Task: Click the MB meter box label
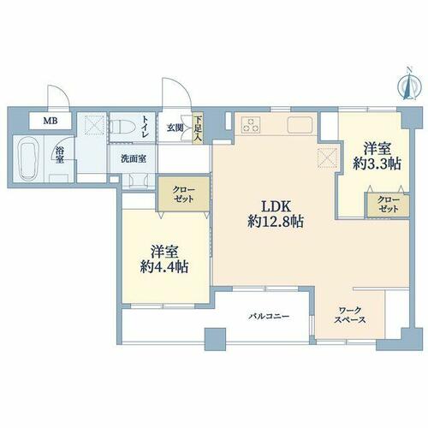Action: click(x=51, y=121)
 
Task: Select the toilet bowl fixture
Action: click(x=123, y=126)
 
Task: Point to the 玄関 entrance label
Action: click(x=175, y=128)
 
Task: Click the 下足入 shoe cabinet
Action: click(x=198, y=128)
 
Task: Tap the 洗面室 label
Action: click(x=134, y=159)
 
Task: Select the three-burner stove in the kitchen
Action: click(x=251, y=125)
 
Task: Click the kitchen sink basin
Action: click(x=300, y=125)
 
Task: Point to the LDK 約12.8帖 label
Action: click(x=276, y=214)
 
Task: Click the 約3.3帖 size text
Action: click(x=377, y=164)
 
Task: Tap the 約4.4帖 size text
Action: click(x=164, y=267)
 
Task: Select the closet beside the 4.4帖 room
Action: click(x=184, y=194)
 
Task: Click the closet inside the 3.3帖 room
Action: click(x=389, y=205)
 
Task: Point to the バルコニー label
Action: click(x=269, y=316)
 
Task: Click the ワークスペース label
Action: click(x=350, y=315)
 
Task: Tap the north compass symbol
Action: click(x=410, y=85)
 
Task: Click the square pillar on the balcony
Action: click(x=216, y=339)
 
